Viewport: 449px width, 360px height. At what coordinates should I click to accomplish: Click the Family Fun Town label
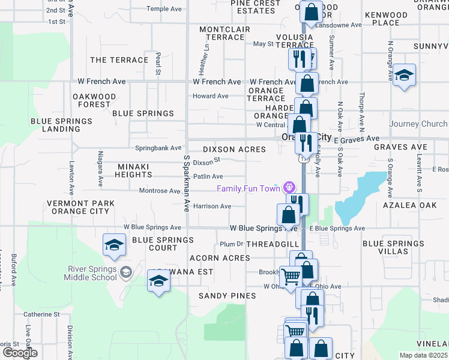(x=249, y=188)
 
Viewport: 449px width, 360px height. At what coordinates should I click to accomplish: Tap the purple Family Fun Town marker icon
(x=291, y=188)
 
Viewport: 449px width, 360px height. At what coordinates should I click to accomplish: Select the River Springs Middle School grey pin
(x=125, y=272)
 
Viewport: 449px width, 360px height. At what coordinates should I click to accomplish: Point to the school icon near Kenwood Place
(x=405, y=76)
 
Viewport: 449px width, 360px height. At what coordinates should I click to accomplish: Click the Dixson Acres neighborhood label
(x=234, y=149)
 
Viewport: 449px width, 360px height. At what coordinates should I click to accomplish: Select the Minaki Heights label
(x=126, y=170)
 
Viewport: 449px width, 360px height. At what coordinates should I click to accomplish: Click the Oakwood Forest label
(x=94, y=100)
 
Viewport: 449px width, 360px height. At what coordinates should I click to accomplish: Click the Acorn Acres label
(x=219, y=258)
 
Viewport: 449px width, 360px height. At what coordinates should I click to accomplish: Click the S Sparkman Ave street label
(x=187, y=183)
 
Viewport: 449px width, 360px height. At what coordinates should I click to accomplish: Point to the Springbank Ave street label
(x=158, y=148)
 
